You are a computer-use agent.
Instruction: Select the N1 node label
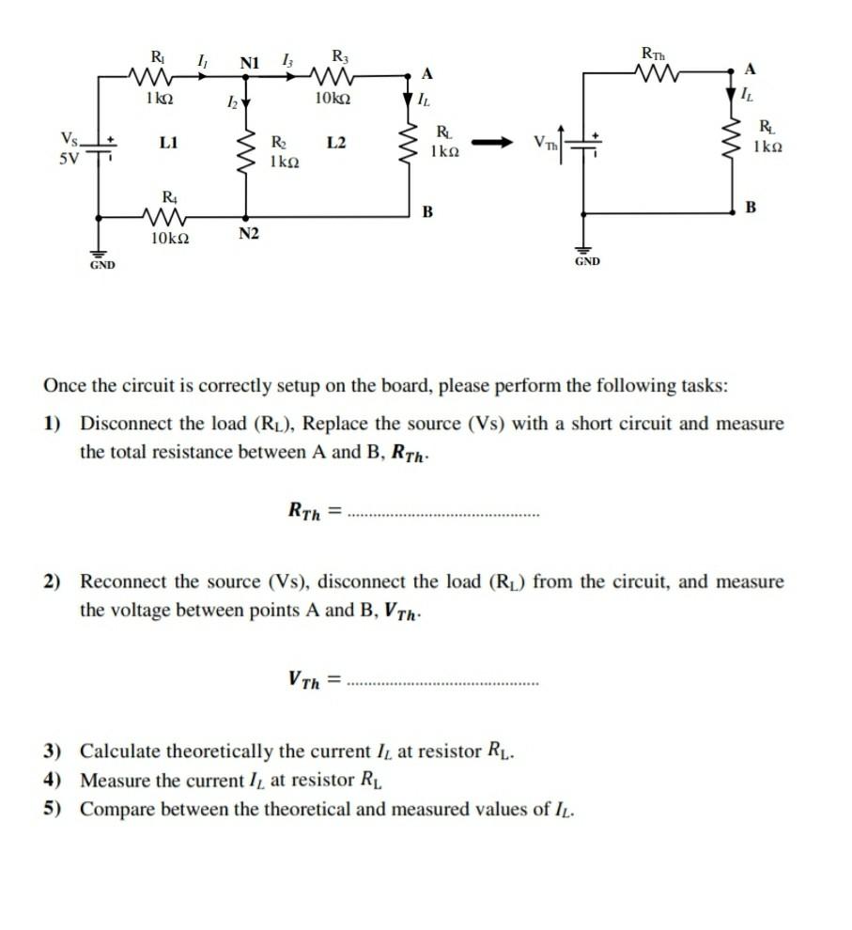point(250,63)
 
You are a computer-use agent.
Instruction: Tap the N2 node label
point(248,234)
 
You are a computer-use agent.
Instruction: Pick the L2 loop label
point(336,143)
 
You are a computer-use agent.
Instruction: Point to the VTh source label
point(544,143)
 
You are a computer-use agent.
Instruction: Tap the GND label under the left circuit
point(102,266)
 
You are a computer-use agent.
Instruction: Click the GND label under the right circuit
point(586,261)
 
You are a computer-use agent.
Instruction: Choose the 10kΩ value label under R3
point(334,99)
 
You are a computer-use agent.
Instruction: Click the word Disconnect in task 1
point(126,424)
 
